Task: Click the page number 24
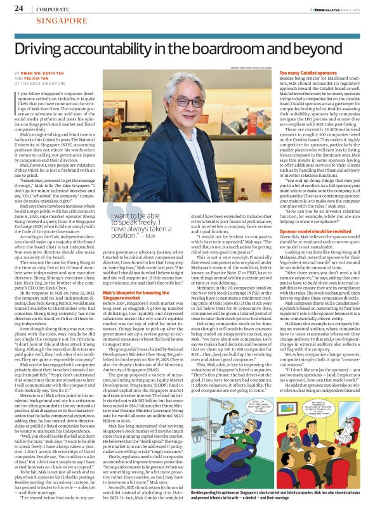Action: [x=19, y=8]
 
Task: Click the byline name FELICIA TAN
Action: [x=43, y=78]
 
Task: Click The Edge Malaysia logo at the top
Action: [x=310, y=9]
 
